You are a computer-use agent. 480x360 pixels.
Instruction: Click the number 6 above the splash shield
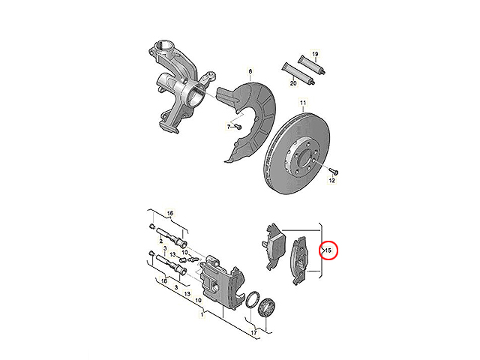coord(250,72)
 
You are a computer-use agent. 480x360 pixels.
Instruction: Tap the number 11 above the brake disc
coord(303,102)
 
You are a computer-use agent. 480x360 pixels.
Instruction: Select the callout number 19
coord(315,54)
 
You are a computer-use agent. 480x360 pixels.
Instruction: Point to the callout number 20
coord(293,83)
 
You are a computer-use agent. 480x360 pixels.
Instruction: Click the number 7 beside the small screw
coord(229,127)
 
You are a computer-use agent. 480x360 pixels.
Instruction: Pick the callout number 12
coord(331,181)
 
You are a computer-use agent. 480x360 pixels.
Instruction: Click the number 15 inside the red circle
coord(328,250)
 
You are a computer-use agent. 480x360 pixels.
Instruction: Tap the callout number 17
coord(254,332)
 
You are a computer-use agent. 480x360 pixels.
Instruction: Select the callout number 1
coord(202,314)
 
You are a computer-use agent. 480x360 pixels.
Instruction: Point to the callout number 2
coord(161,241)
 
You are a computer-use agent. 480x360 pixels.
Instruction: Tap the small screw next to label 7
coord(238,126)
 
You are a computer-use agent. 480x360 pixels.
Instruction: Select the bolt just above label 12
coord(334,170)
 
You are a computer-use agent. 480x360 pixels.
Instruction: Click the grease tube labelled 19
coord(312,64)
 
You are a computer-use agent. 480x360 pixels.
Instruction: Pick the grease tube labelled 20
coord(298,73)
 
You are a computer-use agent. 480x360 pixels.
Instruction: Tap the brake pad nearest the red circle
coord(298,261)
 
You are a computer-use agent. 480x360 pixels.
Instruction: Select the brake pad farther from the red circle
coord(274,245)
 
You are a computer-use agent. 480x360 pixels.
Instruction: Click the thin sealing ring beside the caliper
coord(253,300)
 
